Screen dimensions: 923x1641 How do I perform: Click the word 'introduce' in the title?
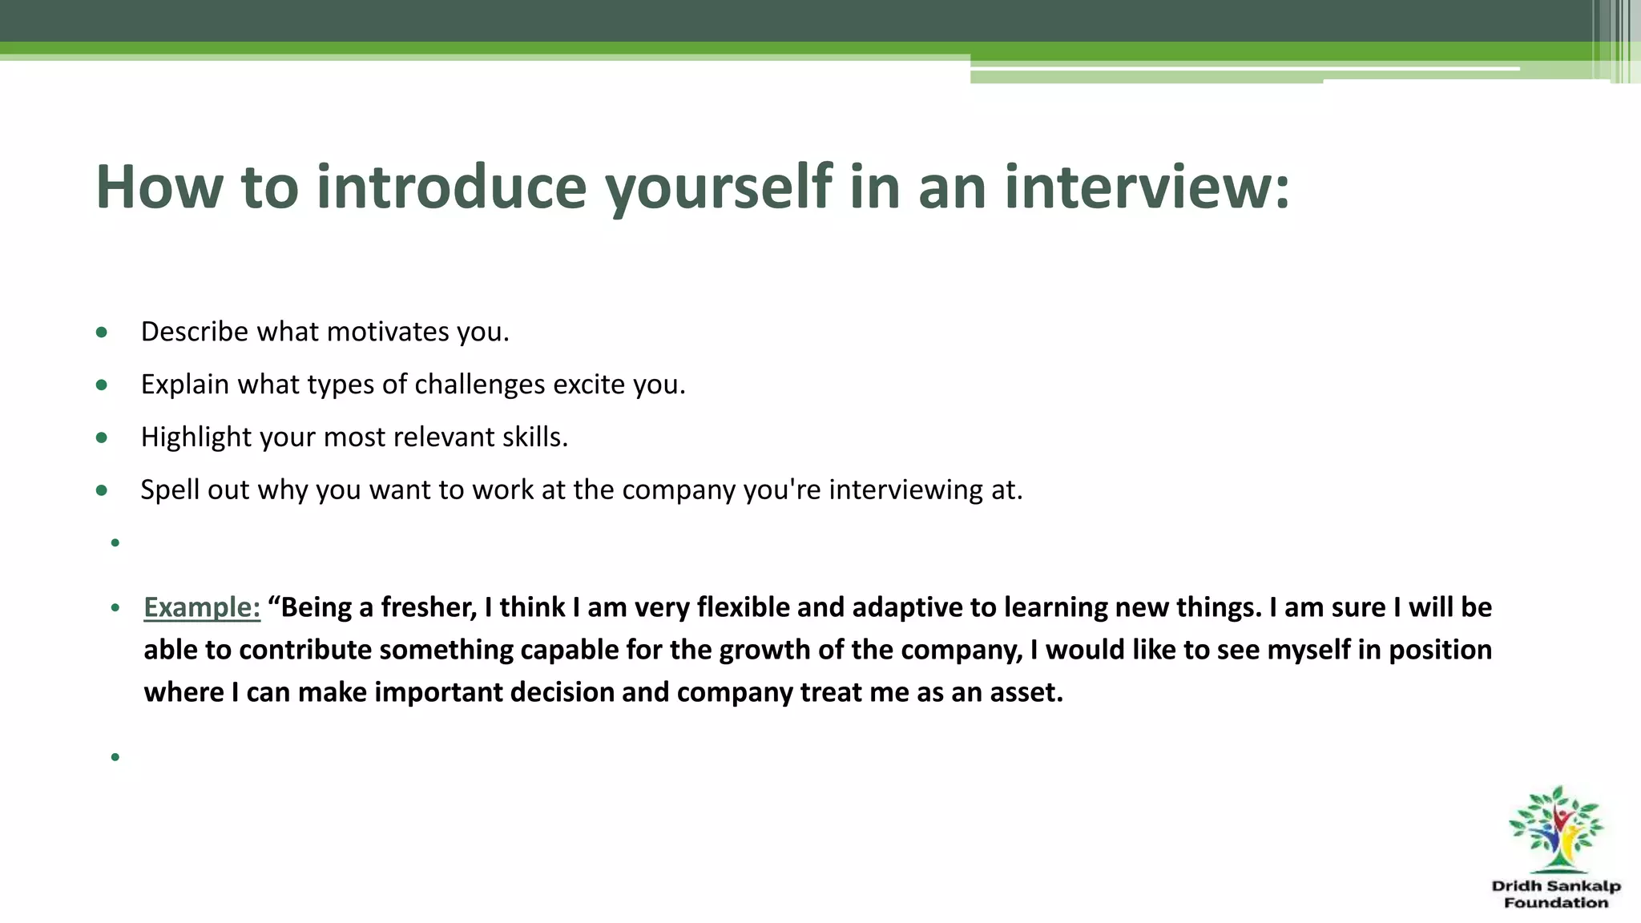(x=451, y=187)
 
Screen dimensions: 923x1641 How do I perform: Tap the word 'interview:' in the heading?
(x=1147, y=187)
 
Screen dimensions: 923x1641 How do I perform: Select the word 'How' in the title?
(x=159, y=187)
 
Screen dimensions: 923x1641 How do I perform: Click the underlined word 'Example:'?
(x=202, y=607)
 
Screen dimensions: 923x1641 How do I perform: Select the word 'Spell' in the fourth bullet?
(x=170, y=490)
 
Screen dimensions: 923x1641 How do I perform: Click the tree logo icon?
(x=1555, y=829)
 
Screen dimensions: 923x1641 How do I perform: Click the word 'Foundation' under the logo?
(x=1556, y=903)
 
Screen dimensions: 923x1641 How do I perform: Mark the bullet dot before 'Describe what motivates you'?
(x=101, y=332)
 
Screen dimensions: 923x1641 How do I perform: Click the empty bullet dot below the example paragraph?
(x=115, y=756)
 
